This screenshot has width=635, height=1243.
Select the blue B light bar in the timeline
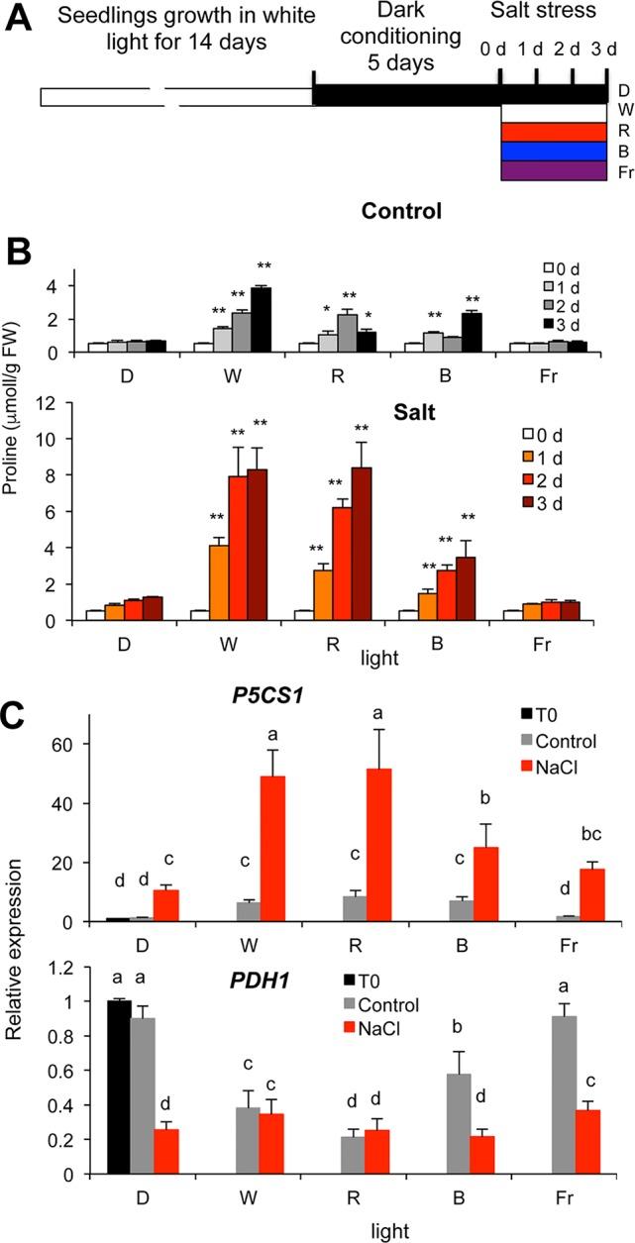tap(553, 151)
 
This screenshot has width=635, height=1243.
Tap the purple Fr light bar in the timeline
tap(553, 170)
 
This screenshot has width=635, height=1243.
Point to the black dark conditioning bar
tap(407, 96)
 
